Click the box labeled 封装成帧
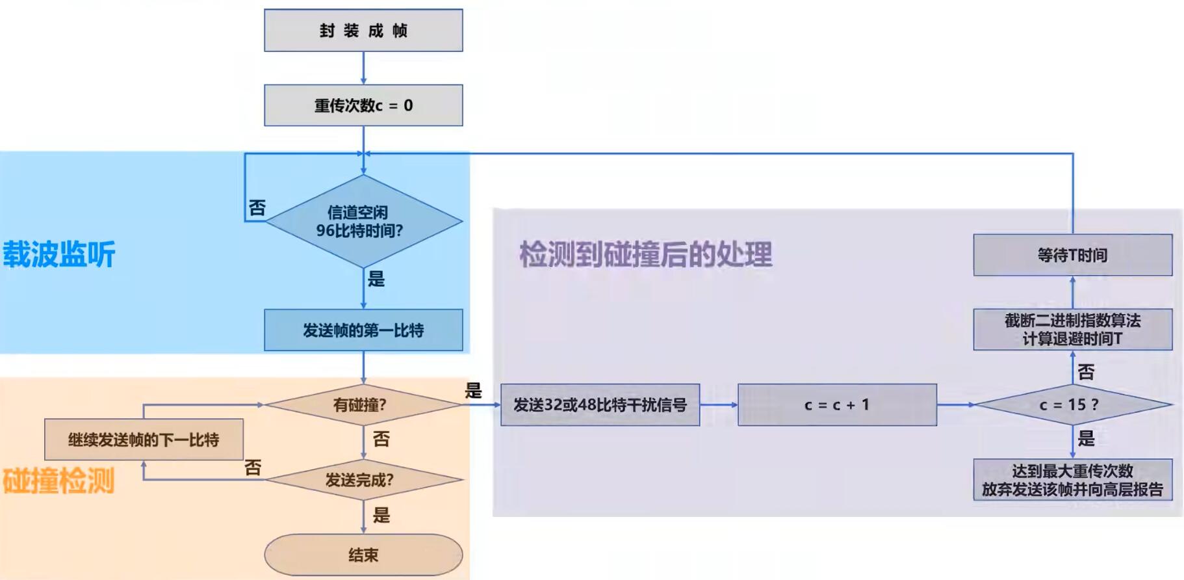click(363, 30)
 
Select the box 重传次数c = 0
click(363, 105)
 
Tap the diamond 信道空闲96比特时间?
click(363, 221)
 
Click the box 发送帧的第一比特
click(363, 330)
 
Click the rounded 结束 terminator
click(363, 555)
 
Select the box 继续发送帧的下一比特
click(144, 440)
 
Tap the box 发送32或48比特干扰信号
click(600, 405)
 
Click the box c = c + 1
click(837, 405)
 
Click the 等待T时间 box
click(1072, 255)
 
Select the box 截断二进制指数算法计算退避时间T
click(1072, 330)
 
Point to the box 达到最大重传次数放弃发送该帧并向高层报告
click(1072, 480)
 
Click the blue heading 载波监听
click(59, 254)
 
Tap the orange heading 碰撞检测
click(59, 481)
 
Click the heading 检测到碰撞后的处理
click(645, 254)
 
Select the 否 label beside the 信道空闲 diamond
click(257, 208)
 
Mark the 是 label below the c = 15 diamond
click(1086, 439)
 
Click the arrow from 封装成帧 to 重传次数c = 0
click(363, 68)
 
